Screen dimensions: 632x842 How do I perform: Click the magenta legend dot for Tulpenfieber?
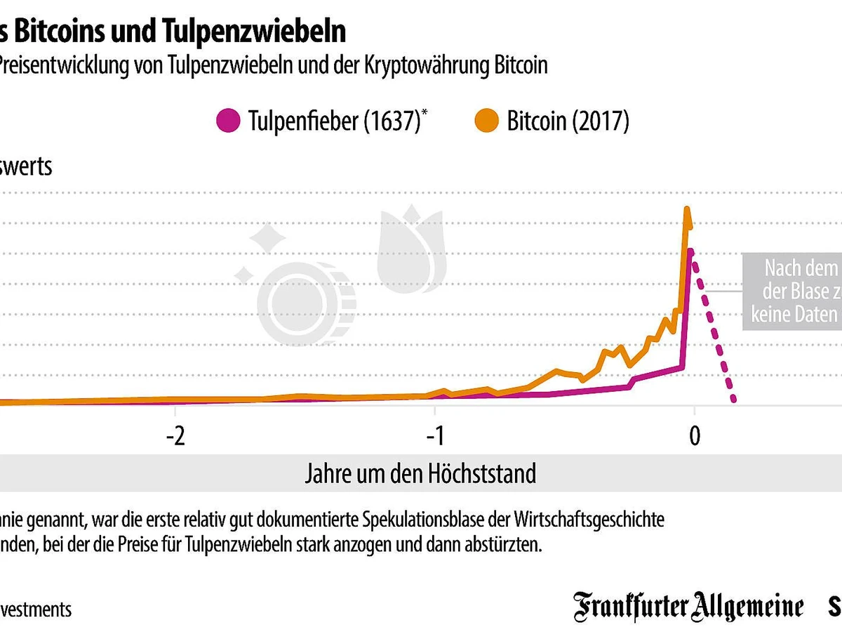point(229,121)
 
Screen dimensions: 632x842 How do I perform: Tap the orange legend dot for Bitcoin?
point(488,121)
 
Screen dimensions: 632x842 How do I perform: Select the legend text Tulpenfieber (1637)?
point(333,121)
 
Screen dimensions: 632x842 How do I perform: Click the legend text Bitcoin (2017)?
point(568,121)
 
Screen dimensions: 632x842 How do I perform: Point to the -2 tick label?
point(175,436)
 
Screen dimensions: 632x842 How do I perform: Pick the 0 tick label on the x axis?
point(694,436)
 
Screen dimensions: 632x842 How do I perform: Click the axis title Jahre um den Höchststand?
point(420,473)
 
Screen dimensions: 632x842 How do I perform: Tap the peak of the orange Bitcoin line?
point(688,209)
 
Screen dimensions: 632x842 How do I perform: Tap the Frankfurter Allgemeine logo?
point(688,607)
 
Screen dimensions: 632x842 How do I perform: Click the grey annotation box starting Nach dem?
point(793,291)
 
